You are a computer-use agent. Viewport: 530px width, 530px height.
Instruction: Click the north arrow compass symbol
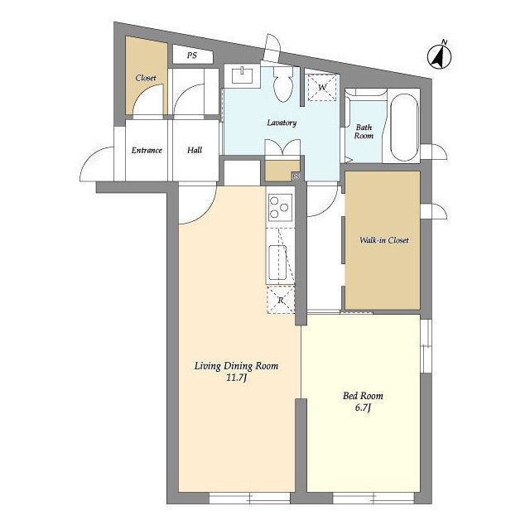(440, 55)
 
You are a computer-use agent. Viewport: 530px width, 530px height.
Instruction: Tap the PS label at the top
(192, 55)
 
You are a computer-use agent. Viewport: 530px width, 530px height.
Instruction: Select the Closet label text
(146, 78)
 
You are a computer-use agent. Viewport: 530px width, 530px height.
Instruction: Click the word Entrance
(147, 150)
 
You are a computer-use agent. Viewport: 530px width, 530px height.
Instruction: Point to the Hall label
(195, 150)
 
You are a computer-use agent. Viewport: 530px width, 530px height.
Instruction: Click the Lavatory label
(282, 123)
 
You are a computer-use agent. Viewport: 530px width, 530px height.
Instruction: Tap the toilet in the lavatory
(282, 84)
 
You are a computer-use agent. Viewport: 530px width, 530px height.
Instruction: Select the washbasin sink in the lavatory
(243, 75)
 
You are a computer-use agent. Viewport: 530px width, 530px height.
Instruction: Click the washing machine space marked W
(322, 88)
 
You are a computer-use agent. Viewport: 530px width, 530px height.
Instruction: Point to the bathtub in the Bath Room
(404, 127)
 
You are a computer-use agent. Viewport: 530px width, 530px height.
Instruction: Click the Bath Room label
(364, 132)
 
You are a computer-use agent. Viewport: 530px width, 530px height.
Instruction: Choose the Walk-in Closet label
(384, 240)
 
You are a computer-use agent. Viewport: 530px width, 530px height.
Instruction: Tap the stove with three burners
(280, 208)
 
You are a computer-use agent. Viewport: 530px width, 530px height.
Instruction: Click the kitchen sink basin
(277, 263)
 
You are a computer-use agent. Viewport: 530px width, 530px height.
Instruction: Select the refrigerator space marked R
(281, 300)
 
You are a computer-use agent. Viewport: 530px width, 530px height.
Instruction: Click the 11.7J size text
(236, 378)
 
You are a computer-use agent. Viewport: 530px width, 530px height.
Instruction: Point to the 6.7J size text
(363, 407)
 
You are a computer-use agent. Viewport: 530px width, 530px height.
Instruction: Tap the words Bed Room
(363, 396)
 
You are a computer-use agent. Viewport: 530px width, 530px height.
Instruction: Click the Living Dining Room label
(236, 366)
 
